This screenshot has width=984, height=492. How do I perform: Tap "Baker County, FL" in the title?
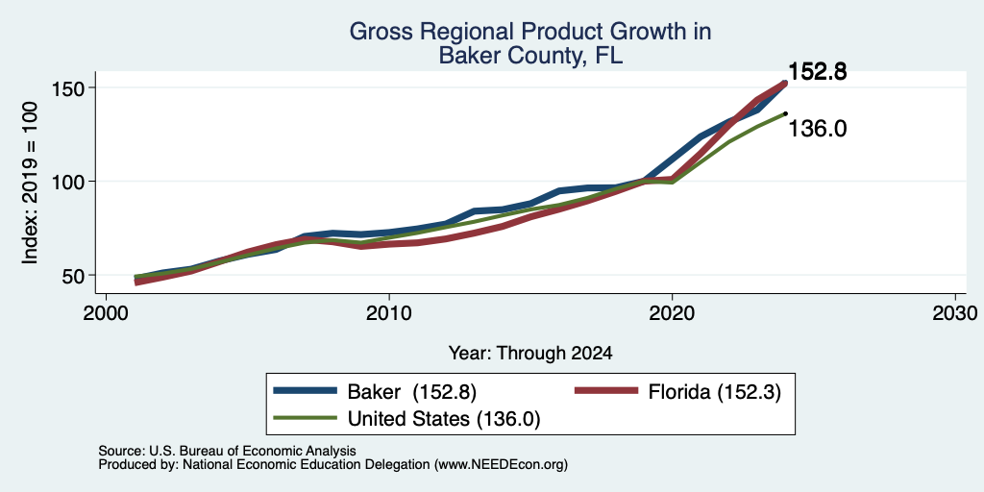pyautogui.click(x=530, y=55)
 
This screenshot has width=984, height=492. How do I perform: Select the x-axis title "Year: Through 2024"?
pyautogui.click(x=530, y=354)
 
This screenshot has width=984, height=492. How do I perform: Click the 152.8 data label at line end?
pyautogui.click(x=817, y=72)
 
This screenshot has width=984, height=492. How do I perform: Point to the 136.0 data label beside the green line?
pyautogui.click(x=817, y=129)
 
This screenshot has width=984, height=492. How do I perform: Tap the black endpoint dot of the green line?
pyautogui.click(x=785, y=113)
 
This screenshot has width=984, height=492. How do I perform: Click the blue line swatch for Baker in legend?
pyautogui.click(x=305, y=392)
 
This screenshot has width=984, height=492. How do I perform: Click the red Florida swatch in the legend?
pyautogui.click(x=606, y=392)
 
